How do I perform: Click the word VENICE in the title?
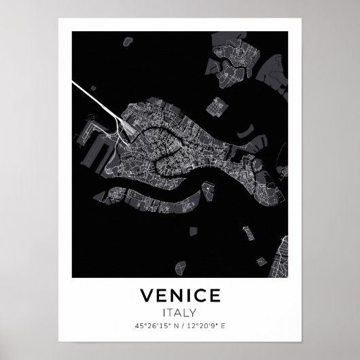point(180,297)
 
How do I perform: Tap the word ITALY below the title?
point(180,313)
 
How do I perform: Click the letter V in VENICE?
point(145,297)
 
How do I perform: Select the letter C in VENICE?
point(201,297)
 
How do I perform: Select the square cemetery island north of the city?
point(217,107)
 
